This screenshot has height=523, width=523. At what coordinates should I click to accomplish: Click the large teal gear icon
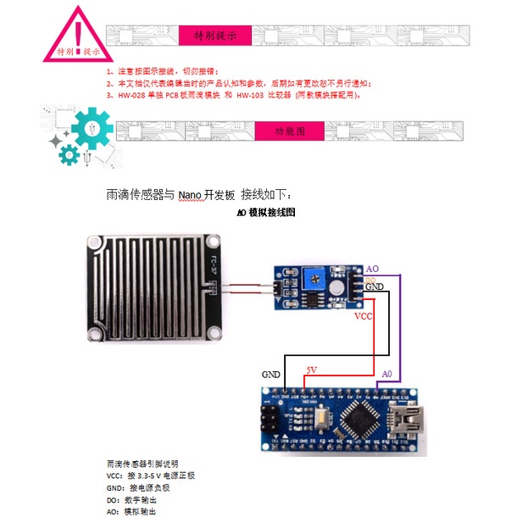pos(92,131)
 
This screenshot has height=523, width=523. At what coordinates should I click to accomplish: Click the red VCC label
pos(362,316)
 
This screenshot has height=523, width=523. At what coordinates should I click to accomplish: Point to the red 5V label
pos(311,370)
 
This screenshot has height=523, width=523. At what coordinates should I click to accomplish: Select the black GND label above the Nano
pos(271,374)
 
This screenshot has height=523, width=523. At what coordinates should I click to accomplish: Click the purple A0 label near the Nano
pos(387,374)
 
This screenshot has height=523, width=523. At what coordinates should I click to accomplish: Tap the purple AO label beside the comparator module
pos(372,268)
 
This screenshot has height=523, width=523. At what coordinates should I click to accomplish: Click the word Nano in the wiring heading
pos(190,194)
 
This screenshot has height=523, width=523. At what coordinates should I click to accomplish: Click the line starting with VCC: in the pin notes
pos(151,476)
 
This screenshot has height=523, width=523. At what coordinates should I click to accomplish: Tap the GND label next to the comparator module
pos(374,288)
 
